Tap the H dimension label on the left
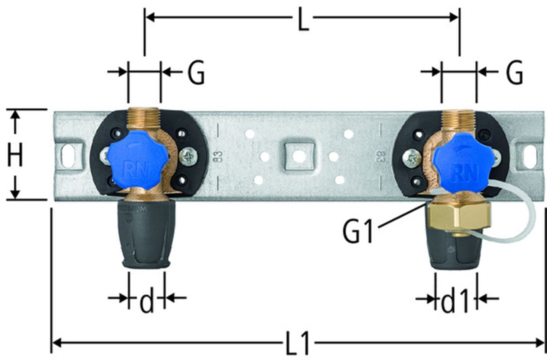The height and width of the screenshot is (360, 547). point(15,154)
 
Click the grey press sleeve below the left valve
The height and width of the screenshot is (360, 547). point(147,235)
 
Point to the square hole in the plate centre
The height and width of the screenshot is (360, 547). point(299,156)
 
